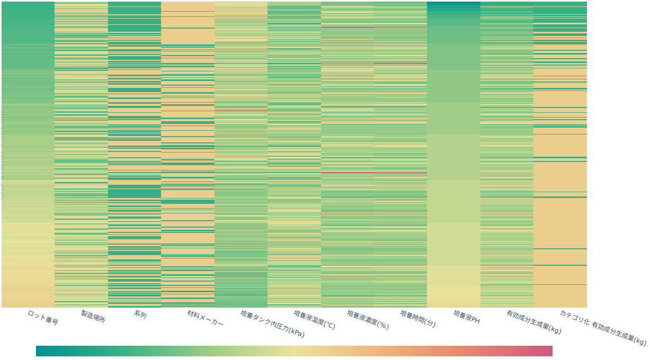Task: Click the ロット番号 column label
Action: tap(43, 318)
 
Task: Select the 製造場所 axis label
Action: tap(93, 317)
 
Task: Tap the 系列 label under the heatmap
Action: tap(140, 314)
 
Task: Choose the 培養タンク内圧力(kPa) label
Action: tap(272, 323)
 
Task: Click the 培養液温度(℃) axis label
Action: tap(315, 320)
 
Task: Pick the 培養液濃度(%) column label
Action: tap(368, 320)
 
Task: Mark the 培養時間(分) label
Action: tap(418, 319)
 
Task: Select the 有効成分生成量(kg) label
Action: tap(533, 322)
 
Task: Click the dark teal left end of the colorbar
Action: tap(40, 351)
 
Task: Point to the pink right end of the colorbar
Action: tap(548, 351)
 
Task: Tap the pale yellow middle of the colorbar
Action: tap(294, 351)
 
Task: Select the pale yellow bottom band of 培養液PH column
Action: tap(453, 294)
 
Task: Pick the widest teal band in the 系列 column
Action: tap(135, 193)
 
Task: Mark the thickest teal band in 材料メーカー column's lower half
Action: tap(188, 202)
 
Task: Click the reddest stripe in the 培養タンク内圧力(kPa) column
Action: tap(241, 110)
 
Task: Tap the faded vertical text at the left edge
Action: tap(2, 154)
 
